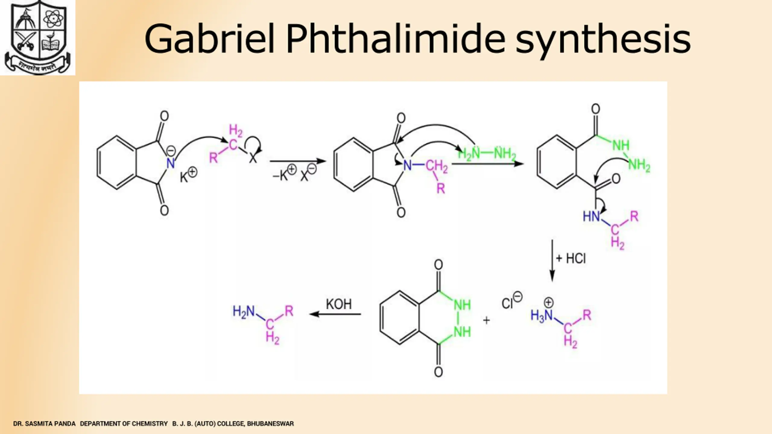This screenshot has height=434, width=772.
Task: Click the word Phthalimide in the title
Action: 395,39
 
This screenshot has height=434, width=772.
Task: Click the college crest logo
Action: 37,37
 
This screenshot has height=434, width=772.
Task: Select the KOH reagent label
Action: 339,304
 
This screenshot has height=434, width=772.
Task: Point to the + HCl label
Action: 571,259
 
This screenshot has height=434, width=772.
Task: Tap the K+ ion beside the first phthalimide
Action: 188,175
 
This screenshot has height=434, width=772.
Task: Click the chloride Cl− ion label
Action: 511,301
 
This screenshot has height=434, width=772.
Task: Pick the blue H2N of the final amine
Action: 244,311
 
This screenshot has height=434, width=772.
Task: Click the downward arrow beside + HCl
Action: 552,261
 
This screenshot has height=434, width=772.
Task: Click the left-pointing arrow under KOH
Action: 335,314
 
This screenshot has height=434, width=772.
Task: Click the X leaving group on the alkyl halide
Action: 253,158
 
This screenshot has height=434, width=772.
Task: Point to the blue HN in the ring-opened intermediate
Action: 591,216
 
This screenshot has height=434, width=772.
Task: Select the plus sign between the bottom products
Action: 486,320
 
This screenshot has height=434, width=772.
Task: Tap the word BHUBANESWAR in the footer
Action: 270,424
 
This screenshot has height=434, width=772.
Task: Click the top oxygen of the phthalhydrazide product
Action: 438,265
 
